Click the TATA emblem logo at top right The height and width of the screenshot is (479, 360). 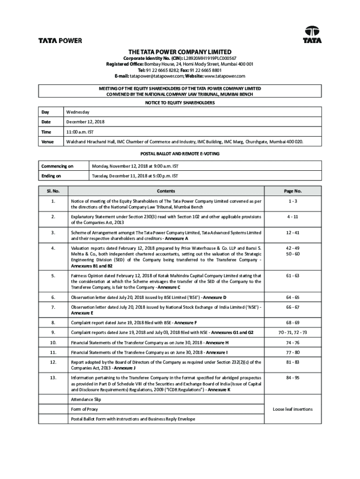point(312,35)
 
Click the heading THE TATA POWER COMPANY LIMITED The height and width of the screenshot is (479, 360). point(180,51)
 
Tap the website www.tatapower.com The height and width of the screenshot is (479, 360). point(224,76)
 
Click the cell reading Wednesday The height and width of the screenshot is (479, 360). point(78,112)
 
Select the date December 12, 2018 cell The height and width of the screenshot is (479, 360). point(86,122)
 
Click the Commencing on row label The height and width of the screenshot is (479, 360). point(57,166)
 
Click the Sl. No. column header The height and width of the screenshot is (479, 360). point(52,191)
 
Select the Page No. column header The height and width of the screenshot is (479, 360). point(293,191)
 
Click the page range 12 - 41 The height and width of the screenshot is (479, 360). point(293,232)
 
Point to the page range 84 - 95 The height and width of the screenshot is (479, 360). point(293,377)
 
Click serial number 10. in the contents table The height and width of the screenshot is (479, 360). point(52,342)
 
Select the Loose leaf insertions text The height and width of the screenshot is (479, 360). point(293,409)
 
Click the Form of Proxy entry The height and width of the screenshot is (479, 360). point(84,409)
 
